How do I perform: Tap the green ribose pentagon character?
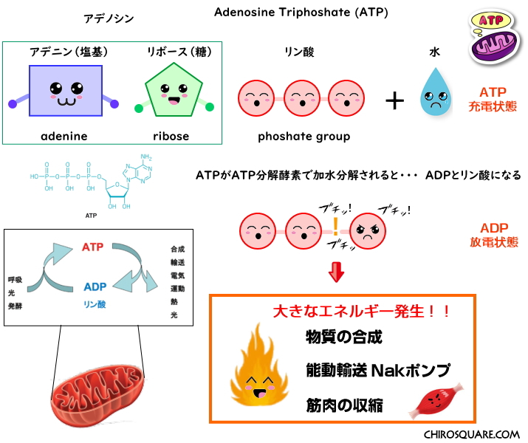click(x=175, y=94)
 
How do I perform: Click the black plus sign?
click(x=395, y=100)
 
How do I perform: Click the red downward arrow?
click(x=337, y=272)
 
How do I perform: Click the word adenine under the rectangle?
click(x=64, y=136)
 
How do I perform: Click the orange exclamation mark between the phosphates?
click(x=335, y=225)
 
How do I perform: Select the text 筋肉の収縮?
click(x=344, y=405)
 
